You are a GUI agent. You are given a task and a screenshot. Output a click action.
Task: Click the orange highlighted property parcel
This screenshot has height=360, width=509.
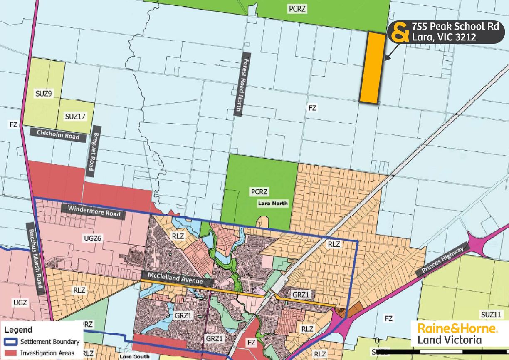371,67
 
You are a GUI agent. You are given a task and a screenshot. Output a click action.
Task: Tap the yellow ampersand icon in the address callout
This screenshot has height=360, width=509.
400,32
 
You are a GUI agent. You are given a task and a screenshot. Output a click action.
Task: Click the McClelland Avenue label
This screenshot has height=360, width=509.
177,278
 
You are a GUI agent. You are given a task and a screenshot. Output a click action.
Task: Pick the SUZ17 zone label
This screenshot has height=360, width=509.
75,117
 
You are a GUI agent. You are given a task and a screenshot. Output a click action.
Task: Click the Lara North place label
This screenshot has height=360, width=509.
272,204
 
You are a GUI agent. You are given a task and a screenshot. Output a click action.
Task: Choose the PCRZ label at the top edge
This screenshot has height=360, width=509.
297,8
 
